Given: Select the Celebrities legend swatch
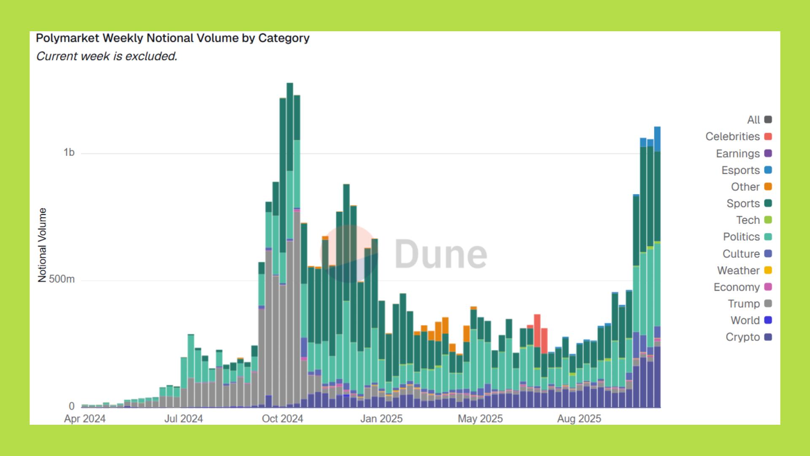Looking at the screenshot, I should [768, 137].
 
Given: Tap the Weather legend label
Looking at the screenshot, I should [738, 270].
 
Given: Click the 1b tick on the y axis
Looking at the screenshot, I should [69, 152].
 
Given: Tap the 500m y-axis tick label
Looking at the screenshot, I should [62, 279].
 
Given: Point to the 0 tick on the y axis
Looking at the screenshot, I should [72, 406].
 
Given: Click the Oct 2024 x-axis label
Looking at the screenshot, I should [282, 419].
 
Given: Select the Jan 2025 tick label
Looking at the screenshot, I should [381, 419].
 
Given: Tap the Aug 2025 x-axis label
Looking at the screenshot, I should [579, 419].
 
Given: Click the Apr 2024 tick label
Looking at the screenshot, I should [85, 419].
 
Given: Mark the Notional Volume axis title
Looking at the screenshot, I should [42, 245].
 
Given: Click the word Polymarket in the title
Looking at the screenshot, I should [67, 38].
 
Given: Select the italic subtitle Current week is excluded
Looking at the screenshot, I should [106, 56].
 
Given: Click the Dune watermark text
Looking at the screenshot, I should [440, 254].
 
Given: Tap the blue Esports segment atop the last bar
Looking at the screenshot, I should [657, 139].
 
